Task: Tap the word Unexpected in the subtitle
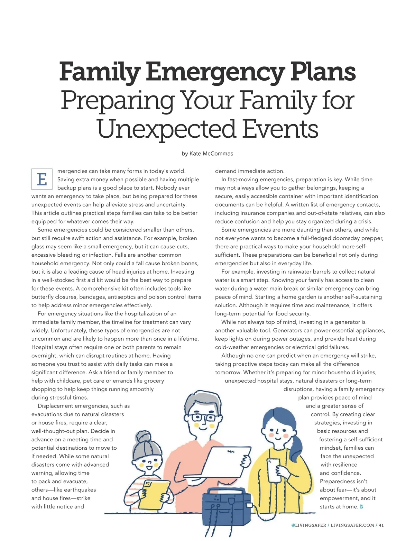click(x=165, y=129)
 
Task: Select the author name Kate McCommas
click(x=211, y=154)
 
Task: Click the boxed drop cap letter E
click(x=42, y=179)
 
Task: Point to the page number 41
click(x=381, y=525)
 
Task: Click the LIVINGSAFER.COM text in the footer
click(x=352, y=525)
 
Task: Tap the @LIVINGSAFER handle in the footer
click(x=308, y=525)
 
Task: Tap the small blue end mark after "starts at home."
click(x=361, y=507)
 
